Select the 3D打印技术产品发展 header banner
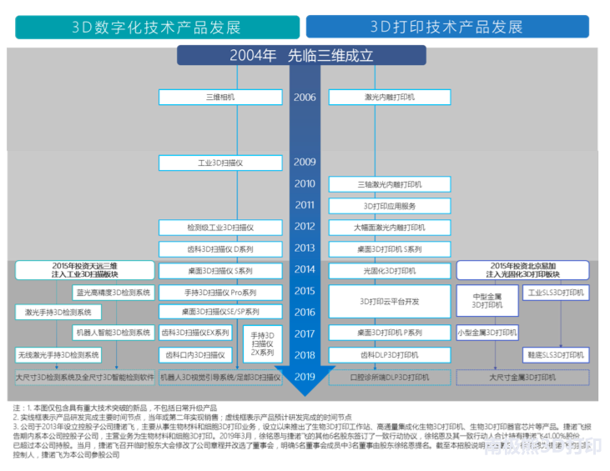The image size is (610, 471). pos(447,27)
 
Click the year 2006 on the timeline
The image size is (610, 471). pos(305,98)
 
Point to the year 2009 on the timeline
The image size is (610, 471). pos(305,162)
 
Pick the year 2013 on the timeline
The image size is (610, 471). pos(305,248)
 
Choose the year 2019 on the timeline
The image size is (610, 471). pos(305,377)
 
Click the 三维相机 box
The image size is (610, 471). pos(220,98)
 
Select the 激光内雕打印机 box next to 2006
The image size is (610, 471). pos(390,98)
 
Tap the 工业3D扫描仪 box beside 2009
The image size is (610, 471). pos(220,163)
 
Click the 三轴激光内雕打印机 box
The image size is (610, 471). pos(390,184)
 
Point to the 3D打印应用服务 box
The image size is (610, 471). pos(390,206)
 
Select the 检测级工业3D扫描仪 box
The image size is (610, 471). pos(220,227)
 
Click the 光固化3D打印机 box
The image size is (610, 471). pos(390,270)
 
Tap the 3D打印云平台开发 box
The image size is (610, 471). pos(390,302)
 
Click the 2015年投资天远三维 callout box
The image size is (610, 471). pos(84,270)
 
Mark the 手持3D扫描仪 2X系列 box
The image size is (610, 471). pos(263,343)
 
